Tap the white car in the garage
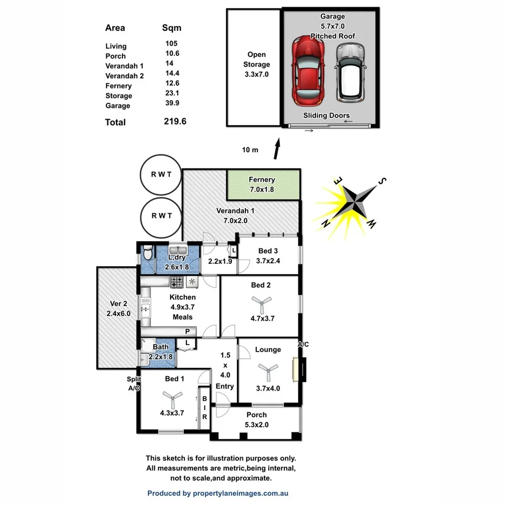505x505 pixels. pos(349,72)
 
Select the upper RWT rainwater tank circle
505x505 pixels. pos(161,174)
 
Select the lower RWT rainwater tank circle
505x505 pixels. pos(161,216)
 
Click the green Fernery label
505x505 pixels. pos(262,179)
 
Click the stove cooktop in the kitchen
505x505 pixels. pos(177,282)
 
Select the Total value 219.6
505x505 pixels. pos(175,122)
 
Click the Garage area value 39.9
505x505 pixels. pos(172,106)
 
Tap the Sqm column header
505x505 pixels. pos(172,28)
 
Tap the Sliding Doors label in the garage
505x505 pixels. pos(326,115)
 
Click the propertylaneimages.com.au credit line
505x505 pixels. pos(218,493)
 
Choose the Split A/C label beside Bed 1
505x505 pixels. pos(134,384)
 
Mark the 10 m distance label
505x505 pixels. pos(250,150)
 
